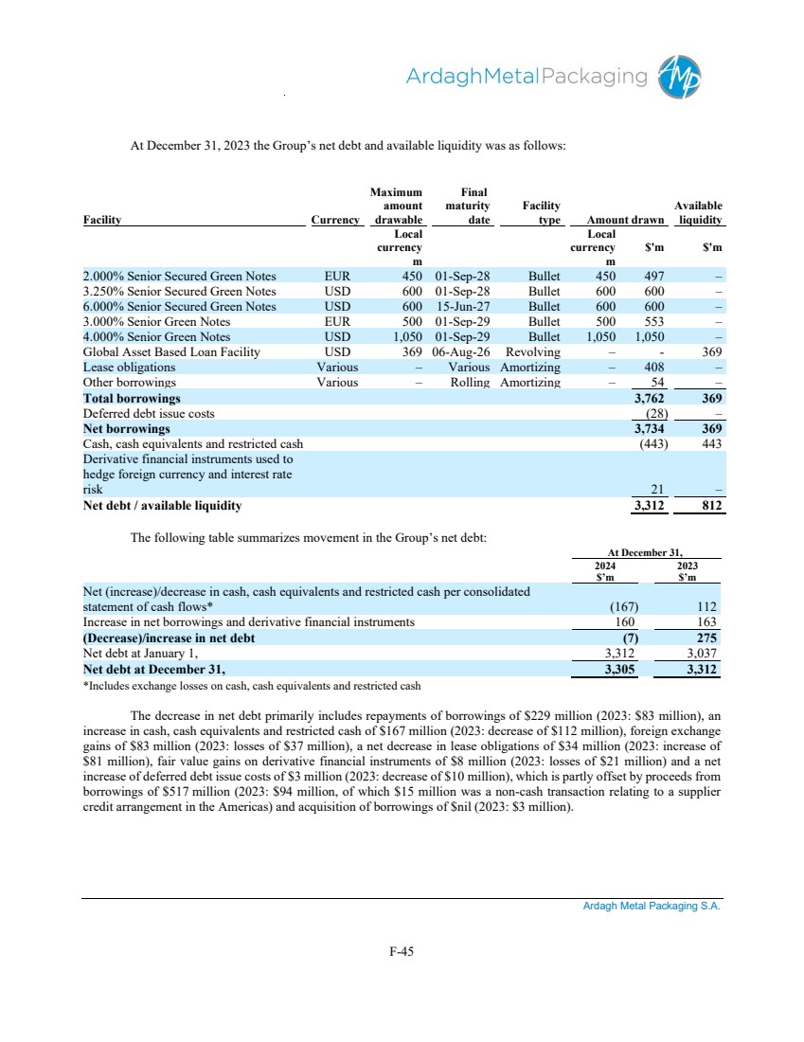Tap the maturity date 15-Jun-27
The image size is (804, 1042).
pos(461,306)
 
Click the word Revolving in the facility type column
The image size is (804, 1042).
pos(533,351)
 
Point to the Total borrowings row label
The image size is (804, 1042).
pos(132,398)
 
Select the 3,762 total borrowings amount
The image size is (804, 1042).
pos(651,398)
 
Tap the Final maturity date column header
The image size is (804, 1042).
pos(466,206)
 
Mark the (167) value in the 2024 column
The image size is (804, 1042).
pos(621,607)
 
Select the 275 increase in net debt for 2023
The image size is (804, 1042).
pos(704,638)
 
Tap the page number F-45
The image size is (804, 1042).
pos(402,952)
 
